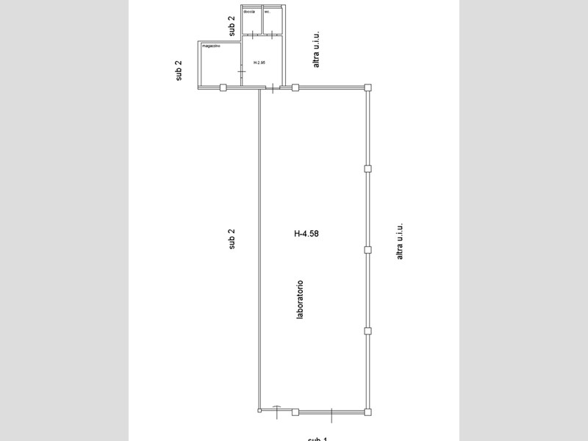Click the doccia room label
click(248, 11)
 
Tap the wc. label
click(268, 11)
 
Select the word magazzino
click(212, 46)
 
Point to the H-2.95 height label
click(259, 62)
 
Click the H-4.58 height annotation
click(306, 234)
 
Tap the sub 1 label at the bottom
click(318, 438)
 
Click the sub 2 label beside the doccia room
click(232, 26)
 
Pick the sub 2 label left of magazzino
click(179, 71)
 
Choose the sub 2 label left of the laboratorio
click(232, 239)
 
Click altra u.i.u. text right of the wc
click(316, 49)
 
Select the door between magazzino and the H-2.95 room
click(242, 71)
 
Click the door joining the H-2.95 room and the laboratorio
click(273, 88)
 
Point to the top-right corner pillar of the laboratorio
click(368, 87)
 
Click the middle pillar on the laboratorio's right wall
click(368, 249)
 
